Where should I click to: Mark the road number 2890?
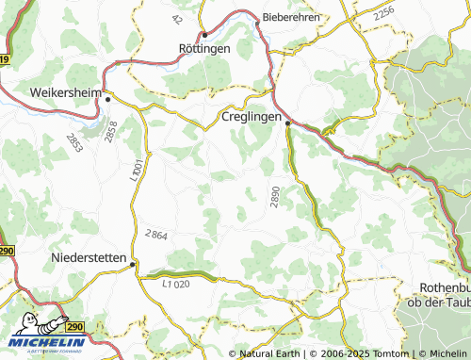(x=275, y=197)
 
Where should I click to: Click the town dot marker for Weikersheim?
(x=107, y=98)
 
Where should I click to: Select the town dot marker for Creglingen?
(x=287, y=121)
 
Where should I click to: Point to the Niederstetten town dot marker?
(x=133, y=266)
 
